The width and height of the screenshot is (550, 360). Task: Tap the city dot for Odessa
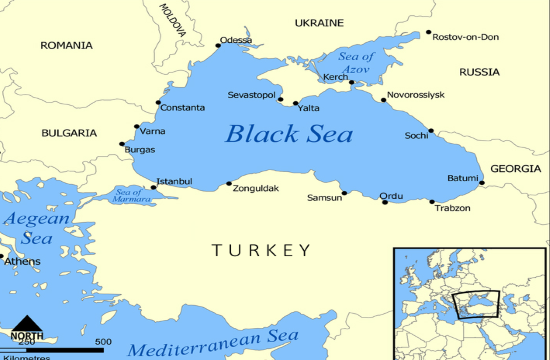tap(219, 45)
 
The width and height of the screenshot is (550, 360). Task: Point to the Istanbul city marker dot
tap(154, 187)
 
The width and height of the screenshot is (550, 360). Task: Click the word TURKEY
tap(261, 249)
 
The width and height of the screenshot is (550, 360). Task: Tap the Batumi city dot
tap(482, 183)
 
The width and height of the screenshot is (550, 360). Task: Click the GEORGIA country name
tap(515, 169)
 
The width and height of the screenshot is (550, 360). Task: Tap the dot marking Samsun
tap(345, 193)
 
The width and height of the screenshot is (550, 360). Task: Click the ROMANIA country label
tap(66, 45)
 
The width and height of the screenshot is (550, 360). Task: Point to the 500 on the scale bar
tap(103, 343)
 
